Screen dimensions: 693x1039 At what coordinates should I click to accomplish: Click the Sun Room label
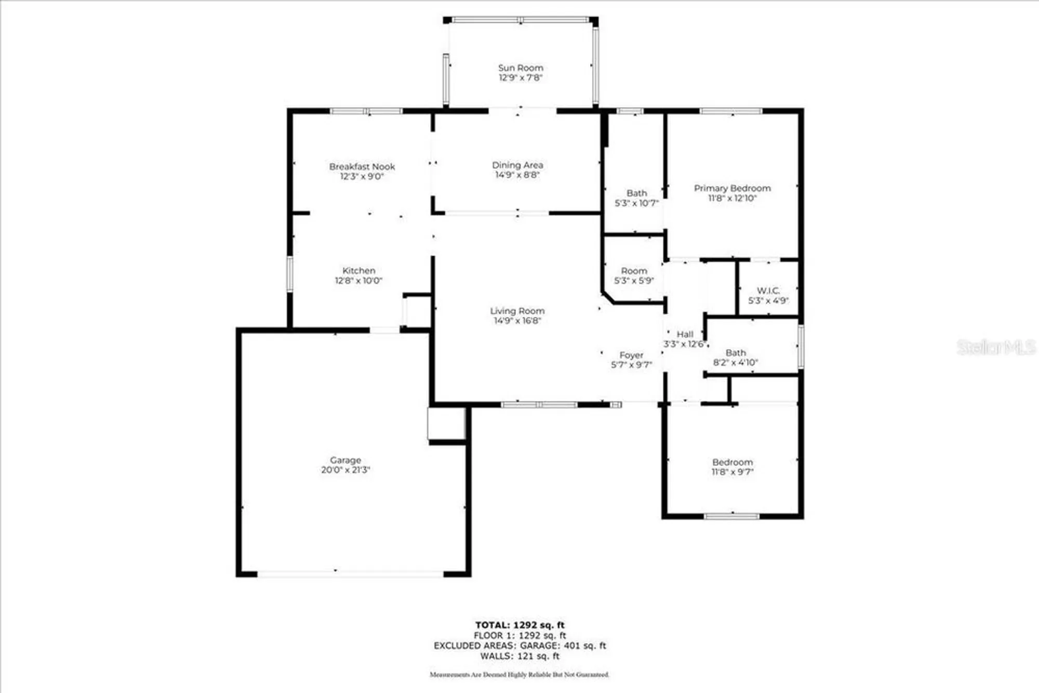point(521,68)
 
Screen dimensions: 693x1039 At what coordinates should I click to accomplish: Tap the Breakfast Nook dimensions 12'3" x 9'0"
point(362,177)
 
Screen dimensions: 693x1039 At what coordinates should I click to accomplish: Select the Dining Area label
point(517,165)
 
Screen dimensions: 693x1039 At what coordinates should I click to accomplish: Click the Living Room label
point(517,311)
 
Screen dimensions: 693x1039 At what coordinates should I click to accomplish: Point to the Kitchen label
point(358,271)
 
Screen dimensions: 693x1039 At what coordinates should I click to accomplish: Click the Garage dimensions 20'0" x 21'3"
point(345,470)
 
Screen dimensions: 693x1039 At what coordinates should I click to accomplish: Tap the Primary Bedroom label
point(732,188)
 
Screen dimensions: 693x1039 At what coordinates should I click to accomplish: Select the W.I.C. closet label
point(768,290)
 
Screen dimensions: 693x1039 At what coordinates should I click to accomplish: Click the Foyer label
point(631,355)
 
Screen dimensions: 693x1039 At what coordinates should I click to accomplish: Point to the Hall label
point(685,335)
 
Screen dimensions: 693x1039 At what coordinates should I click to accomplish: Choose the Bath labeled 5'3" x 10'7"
point(636,198)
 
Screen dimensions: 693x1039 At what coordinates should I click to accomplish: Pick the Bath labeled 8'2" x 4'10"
point(736,357)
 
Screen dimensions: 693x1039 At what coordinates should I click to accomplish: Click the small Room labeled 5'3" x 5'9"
point(634,276)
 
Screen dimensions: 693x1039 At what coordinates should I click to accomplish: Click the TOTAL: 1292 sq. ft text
point(519,625)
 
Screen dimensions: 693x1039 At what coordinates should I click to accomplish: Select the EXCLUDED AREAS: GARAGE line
point(519,646)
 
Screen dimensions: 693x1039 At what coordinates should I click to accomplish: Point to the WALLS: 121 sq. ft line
point(519,656)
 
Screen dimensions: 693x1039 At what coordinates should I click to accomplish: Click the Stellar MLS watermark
point(996,347)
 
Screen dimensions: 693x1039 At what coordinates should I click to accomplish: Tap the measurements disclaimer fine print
point(519,675)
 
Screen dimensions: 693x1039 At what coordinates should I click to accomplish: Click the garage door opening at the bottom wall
point(351,574)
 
